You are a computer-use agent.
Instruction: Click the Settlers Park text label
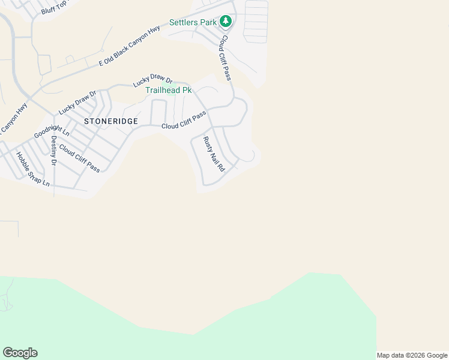(192, 22)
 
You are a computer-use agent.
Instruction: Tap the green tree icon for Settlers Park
(225, 22)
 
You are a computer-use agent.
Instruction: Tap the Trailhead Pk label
(169, 90)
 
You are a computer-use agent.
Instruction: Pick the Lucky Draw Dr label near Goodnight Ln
(77, 103)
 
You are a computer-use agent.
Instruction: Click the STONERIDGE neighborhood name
(111, 121)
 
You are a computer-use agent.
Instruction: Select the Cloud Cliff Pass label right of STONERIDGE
(184, 119)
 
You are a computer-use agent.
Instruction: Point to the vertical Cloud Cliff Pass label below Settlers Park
(225, 57)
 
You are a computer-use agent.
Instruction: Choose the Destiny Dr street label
(53, 151)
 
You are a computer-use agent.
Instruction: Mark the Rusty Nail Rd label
(213, 154)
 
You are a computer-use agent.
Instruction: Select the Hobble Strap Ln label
(33, 169)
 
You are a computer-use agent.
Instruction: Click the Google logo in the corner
(20, 353)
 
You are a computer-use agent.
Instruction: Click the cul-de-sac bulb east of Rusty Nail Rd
(250, 156)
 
